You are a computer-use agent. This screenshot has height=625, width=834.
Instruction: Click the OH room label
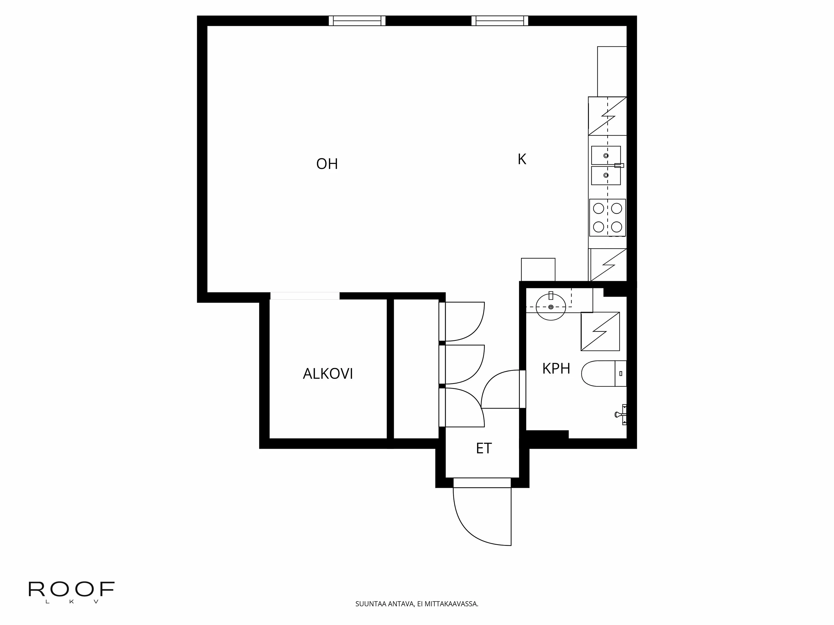(327, 164)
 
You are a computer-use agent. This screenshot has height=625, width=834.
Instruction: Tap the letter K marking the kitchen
(522, 159)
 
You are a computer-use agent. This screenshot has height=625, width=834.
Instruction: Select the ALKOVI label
(328, 374)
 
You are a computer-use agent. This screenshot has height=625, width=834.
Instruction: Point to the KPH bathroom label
(556, 368)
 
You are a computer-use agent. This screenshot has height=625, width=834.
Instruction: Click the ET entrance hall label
(484, 448)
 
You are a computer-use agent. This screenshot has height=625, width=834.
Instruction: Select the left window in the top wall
(357, 21)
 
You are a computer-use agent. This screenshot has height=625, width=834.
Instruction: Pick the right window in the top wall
(500, 21)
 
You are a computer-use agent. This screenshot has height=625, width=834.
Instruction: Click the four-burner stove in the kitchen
(607, 218)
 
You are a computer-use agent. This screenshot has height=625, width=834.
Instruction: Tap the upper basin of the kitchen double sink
(605, 155)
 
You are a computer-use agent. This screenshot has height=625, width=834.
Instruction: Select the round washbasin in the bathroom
(551, 307)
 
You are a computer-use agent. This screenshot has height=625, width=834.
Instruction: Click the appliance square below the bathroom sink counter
(600, 331)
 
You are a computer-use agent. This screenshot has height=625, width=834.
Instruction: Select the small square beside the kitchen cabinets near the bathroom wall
(538, 269)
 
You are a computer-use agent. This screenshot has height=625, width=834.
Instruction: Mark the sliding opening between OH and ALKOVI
(305, 296)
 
